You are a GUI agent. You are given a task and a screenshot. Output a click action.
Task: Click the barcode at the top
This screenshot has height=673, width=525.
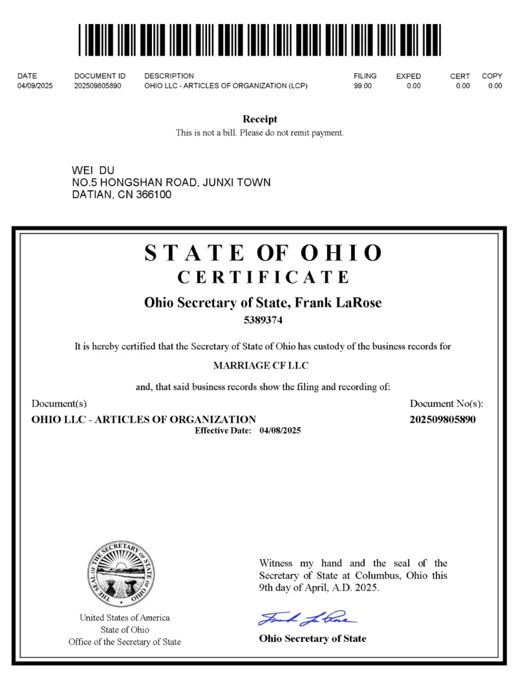point(260,40)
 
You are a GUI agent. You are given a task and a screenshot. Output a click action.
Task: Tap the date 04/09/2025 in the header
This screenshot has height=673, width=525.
point(35,85)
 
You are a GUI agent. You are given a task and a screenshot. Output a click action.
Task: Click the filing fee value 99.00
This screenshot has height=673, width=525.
point(363,85)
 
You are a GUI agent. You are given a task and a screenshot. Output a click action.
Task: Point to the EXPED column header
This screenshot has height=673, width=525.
point(409,76)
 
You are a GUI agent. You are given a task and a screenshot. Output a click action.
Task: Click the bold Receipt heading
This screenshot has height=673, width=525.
point(260,119)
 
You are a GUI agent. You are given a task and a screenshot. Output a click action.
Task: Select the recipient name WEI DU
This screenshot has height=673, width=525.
point(93,170)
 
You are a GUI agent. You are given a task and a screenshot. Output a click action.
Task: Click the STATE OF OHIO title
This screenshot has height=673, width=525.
point(263,252)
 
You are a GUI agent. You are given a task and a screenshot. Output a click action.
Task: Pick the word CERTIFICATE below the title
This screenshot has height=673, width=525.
point(263,277)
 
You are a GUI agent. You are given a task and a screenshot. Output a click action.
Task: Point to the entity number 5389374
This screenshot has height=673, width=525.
point(263,320)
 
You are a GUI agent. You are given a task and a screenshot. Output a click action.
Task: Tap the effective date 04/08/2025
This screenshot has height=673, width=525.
point(280,430)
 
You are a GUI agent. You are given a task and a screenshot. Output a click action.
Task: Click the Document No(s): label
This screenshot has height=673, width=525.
point(447,404)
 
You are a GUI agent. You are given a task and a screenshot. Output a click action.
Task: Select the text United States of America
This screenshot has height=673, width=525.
point(125,617)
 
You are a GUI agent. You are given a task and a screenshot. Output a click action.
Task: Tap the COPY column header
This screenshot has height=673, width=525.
point(492,76)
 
